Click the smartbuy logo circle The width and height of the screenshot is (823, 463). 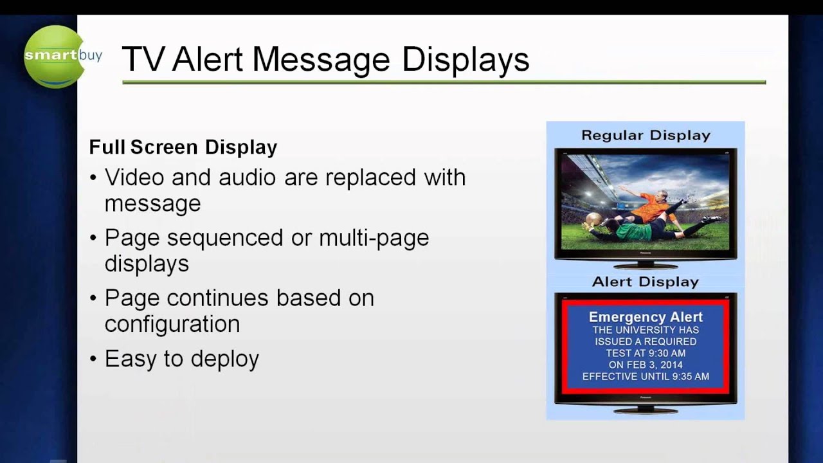pos(55,57)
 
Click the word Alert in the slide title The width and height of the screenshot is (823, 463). pos(208,59)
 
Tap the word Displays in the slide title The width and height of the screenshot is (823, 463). pos(466,59)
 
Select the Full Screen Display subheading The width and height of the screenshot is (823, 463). pos(183,147)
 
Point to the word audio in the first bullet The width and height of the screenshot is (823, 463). pos(247,177)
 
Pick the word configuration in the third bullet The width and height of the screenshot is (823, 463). pos(172,323)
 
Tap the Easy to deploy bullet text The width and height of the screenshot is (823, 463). pos(182,359)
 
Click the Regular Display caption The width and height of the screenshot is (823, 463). pos(646,136)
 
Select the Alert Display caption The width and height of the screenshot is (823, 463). pos(646,282)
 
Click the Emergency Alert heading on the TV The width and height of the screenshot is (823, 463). pos(646,317)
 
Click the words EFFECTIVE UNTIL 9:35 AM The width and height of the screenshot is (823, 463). pos(646,376)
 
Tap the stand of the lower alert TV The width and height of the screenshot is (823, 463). pos(646,410)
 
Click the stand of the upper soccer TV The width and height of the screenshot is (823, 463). pos(646,264)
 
